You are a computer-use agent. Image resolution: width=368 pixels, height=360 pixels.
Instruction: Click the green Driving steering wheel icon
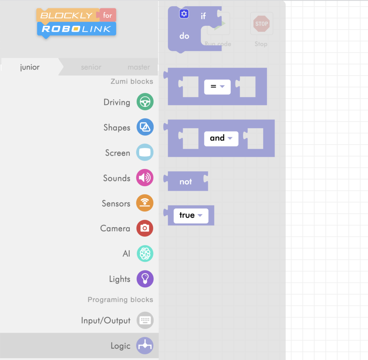point(145,102)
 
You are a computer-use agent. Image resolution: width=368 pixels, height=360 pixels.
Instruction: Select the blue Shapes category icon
point(145,127)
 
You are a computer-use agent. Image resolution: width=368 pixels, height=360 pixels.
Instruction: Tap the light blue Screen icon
point(145,152)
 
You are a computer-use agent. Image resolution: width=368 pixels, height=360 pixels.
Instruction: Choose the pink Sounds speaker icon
point(145,178)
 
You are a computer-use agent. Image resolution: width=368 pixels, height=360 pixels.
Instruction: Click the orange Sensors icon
point(145,203)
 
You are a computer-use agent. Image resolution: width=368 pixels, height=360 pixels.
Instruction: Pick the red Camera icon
point(145,228)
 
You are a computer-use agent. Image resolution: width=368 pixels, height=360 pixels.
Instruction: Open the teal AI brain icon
point(145,254)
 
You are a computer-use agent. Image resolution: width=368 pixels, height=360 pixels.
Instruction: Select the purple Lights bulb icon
point(145,279)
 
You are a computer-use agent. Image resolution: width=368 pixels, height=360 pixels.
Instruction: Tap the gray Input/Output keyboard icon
point(145,320)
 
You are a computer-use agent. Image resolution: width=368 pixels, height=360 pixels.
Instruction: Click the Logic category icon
point(145,346)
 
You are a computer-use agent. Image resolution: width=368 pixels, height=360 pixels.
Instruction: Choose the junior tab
point(30,67)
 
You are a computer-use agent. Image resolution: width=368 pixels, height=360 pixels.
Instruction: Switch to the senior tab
point(91,67)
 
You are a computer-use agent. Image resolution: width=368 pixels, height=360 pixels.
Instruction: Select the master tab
point(139,67)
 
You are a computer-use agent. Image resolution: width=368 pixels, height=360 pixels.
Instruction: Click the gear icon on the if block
point(184,14)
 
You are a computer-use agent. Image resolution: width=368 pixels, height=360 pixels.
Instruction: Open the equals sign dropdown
point(217,87)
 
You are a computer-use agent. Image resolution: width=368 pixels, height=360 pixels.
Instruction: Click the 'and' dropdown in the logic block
point(221,138)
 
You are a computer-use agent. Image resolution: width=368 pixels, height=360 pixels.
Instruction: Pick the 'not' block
point(186,182)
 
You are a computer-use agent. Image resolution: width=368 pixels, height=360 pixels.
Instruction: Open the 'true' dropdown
point(191,215)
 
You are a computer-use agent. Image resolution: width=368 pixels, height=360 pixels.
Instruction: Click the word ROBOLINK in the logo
point(76,29)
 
